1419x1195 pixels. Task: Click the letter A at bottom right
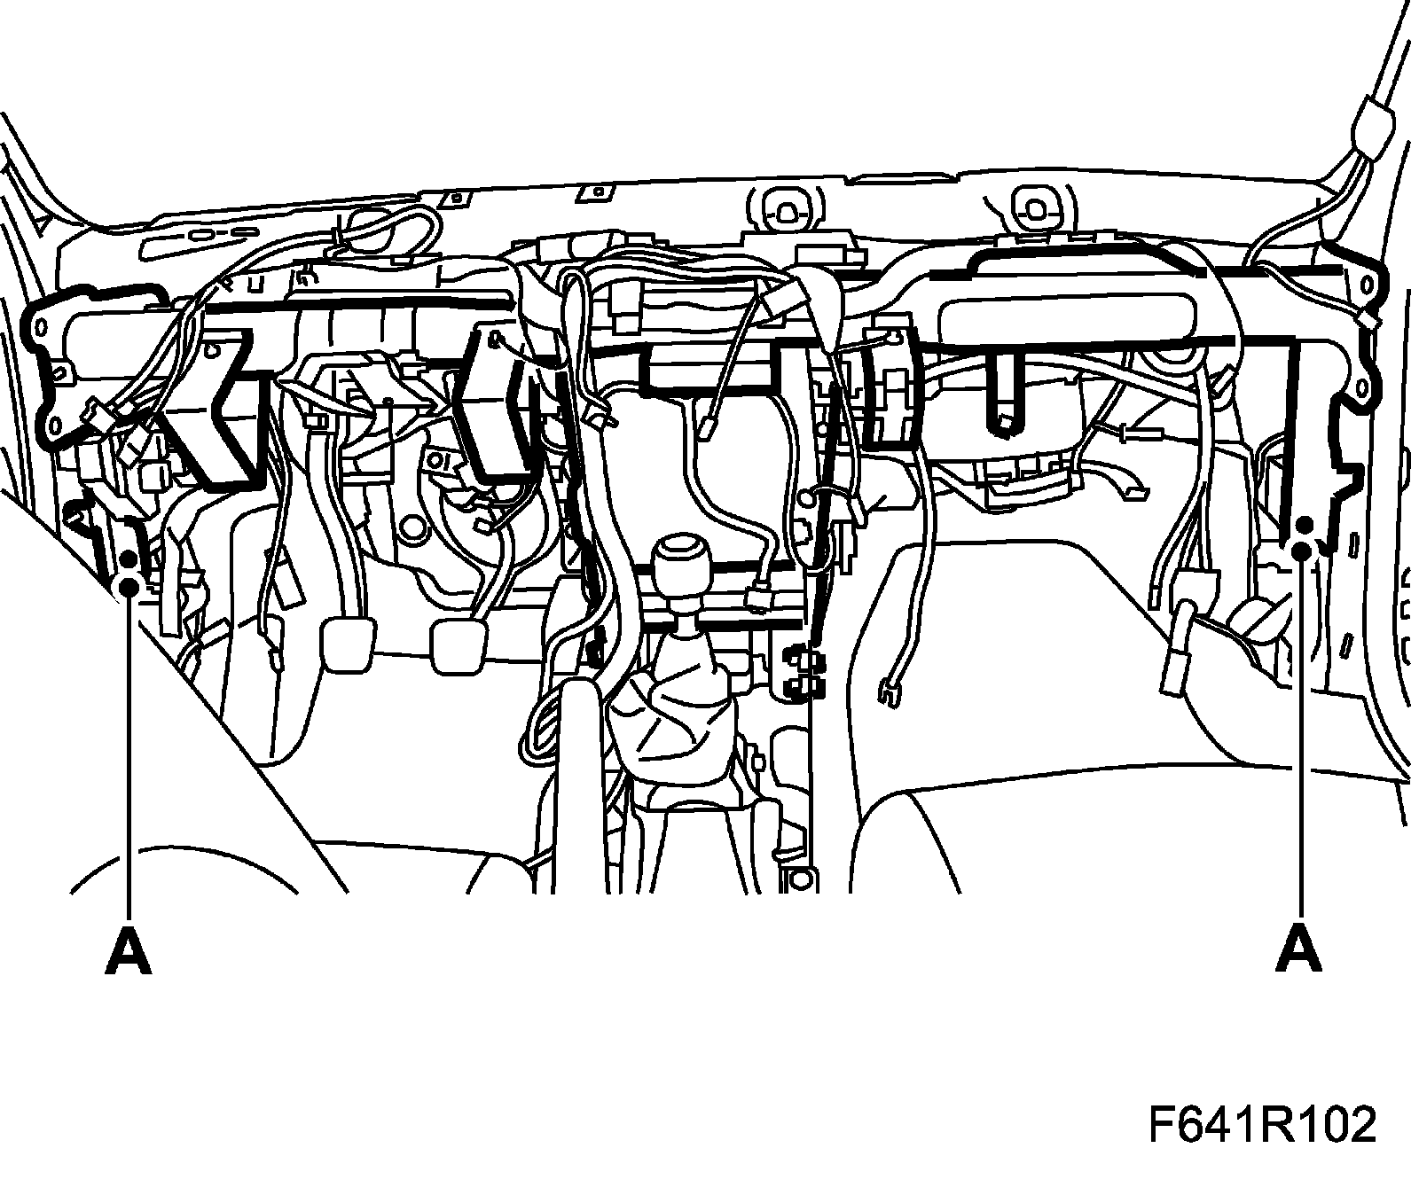pos(1299,950)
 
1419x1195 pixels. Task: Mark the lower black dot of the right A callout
pos(1301,551)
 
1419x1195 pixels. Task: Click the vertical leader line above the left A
pos(129,754)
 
